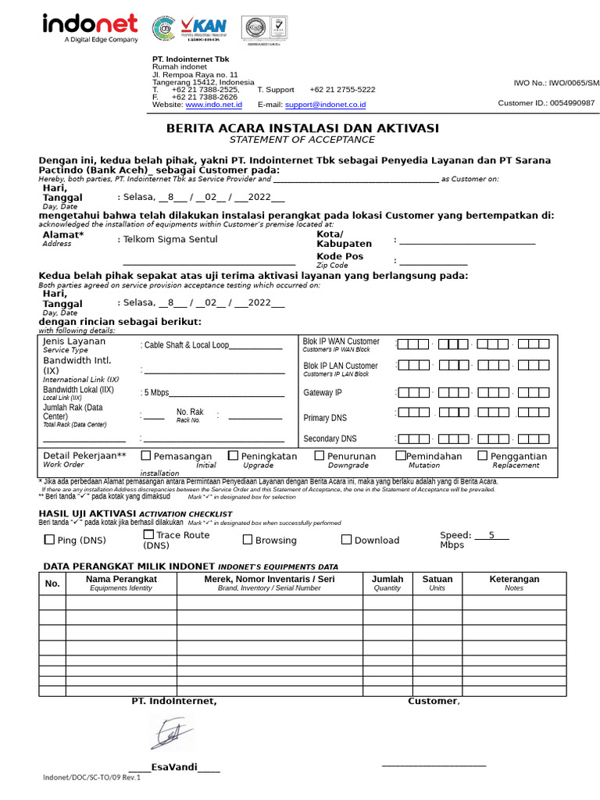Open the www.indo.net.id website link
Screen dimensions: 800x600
213,105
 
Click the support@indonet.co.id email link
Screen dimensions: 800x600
325,105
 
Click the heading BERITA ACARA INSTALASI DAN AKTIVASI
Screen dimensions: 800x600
302,128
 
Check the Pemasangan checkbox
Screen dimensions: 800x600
146,455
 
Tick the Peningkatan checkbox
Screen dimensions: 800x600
234,455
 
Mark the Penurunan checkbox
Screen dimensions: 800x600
320,455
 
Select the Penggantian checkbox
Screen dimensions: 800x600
483,455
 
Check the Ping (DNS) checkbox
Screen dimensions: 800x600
50,540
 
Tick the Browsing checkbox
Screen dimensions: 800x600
248,540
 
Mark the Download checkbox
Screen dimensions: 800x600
346,540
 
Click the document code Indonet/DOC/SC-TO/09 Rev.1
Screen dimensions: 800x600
91,777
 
